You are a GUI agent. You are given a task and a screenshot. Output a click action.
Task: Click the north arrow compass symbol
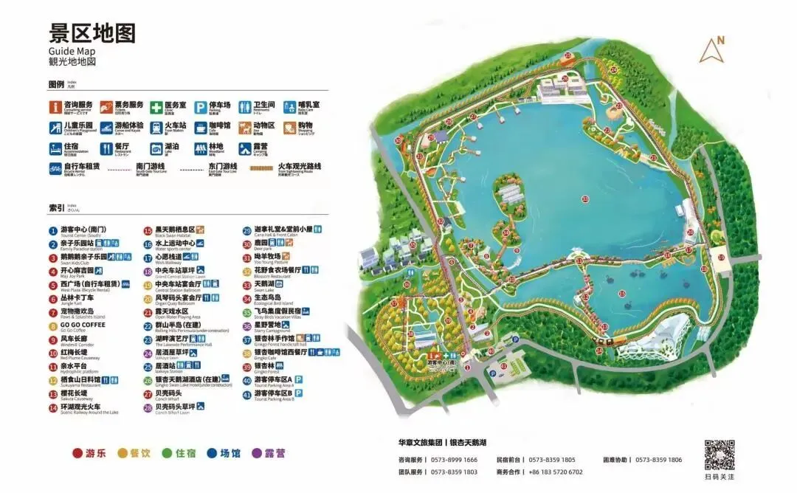(714, 50)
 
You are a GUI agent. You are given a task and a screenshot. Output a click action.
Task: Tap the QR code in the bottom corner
(719, 455)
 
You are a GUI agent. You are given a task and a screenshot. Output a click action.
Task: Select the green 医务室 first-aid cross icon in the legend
(156, 108)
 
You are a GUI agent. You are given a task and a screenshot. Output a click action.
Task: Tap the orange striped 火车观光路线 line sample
(263, 168)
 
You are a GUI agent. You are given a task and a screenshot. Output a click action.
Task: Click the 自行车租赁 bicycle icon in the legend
(55, 168)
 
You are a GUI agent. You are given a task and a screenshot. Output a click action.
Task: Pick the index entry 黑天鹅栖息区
(174, 230)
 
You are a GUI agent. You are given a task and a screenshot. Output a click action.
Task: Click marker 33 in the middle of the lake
(585, 199)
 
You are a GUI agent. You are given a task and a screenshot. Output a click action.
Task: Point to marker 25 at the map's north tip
(568, 55)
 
